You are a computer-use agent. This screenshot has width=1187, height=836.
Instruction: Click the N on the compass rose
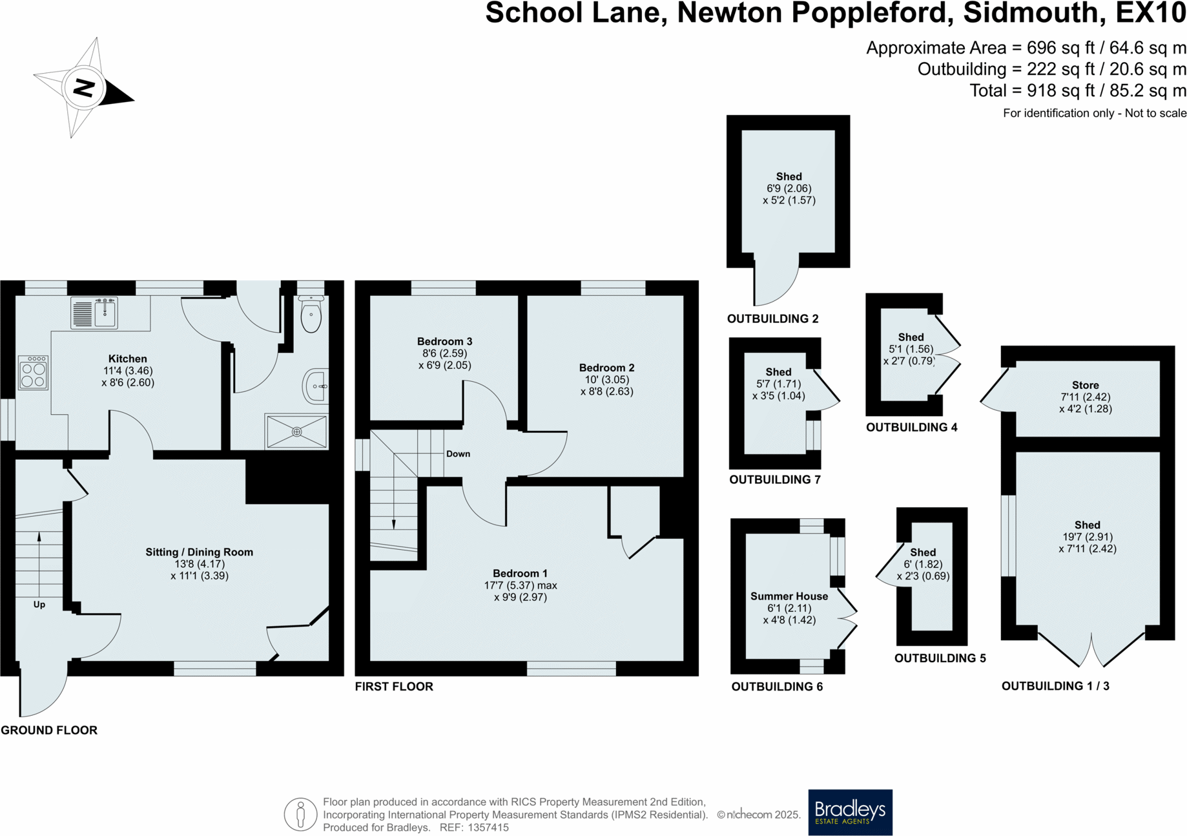tap(83, 87)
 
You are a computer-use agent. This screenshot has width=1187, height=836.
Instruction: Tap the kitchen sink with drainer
tap(94, 313)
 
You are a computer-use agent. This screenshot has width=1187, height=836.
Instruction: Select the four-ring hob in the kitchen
tap(34, 373)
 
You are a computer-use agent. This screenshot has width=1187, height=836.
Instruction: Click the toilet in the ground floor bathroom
tap(311, 315)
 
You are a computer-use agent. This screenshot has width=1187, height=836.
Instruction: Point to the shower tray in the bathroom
tap(296, 432)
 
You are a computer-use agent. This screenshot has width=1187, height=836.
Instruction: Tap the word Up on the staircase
tap(39, 605)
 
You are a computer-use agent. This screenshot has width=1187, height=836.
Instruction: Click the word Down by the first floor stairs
tap(458, 454)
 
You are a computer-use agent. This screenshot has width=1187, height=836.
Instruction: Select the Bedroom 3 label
tap(444, 341)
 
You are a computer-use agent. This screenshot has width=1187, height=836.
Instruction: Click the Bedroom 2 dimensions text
tap(606, 386)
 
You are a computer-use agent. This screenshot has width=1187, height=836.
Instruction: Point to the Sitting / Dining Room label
tap(199, 552)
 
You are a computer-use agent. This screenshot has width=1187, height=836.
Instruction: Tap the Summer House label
tap(789, 596)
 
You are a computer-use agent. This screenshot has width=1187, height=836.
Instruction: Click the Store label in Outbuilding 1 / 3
tap(1085, 385)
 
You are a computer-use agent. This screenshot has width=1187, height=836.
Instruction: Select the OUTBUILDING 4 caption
tap(911, 427)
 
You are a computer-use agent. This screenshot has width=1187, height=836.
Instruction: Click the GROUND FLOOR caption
tap(49, 730)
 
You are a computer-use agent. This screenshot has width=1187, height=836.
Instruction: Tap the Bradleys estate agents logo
tap(850, 812)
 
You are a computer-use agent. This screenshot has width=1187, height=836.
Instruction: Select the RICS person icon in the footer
tap(300, 814)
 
